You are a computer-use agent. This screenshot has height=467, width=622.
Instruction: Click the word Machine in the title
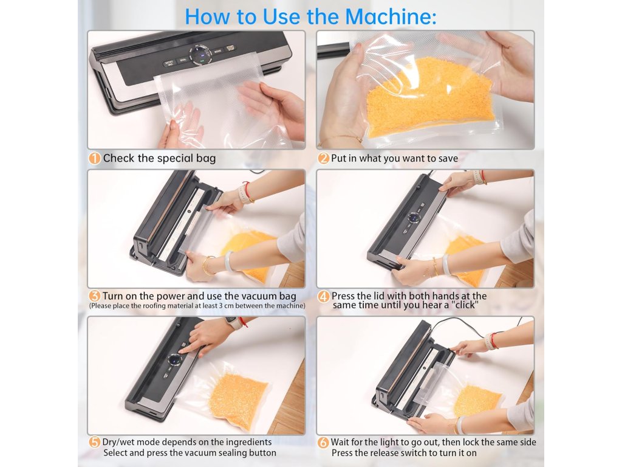(390, 16)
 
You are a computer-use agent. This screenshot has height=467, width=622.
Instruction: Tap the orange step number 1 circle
(94, 159)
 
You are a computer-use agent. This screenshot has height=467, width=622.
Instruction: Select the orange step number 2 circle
(323, 159)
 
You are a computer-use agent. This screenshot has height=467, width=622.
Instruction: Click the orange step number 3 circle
(94, 296)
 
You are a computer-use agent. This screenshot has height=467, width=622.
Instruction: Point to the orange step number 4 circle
(323, 297)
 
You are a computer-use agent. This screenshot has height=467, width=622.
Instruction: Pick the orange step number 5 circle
(94, 442)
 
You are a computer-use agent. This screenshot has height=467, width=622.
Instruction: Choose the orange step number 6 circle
(323, 443)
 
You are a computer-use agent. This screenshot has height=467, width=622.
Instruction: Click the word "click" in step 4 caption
(465, 305)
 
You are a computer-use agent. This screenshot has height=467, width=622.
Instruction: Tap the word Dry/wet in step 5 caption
(118, 442)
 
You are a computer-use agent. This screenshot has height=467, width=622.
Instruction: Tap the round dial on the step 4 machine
(414, 218)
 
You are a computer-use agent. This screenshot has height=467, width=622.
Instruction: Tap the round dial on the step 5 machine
(174, 360)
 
